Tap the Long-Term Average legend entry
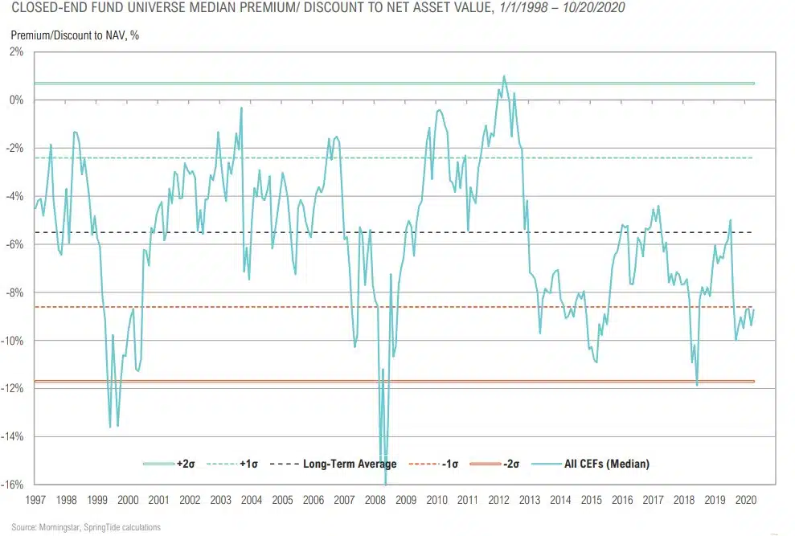(342, 464)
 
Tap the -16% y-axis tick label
(14, 485)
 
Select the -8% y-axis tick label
(16, 293)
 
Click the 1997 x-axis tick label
(35, 500)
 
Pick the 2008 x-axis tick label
(375, 500)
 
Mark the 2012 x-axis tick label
(499, 500)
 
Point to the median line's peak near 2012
(504, 76)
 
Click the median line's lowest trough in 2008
(386, 483)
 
